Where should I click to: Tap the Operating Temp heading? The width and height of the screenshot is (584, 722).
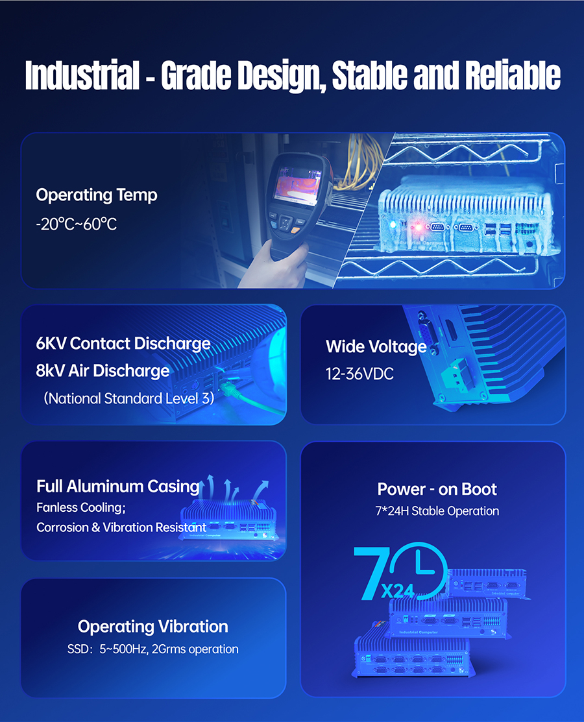97,195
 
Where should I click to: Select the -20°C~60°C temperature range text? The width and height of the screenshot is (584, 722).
77,224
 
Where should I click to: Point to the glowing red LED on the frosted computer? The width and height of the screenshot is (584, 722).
418,227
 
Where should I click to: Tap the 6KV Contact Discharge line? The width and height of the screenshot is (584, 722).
123,344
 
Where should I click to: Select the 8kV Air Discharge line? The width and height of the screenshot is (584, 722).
103,370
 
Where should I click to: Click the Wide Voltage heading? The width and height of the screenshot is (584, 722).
376,346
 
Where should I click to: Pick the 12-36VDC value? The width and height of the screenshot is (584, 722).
359,374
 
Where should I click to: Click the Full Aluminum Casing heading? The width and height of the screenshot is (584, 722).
118,487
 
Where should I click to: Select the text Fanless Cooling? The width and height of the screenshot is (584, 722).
81,507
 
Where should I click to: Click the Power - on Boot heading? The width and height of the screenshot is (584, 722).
437,489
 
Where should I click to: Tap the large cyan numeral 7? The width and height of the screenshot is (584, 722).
371,573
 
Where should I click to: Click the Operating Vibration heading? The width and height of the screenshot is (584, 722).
153,626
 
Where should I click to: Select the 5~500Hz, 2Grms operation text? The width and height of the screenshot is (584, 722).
169,649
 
